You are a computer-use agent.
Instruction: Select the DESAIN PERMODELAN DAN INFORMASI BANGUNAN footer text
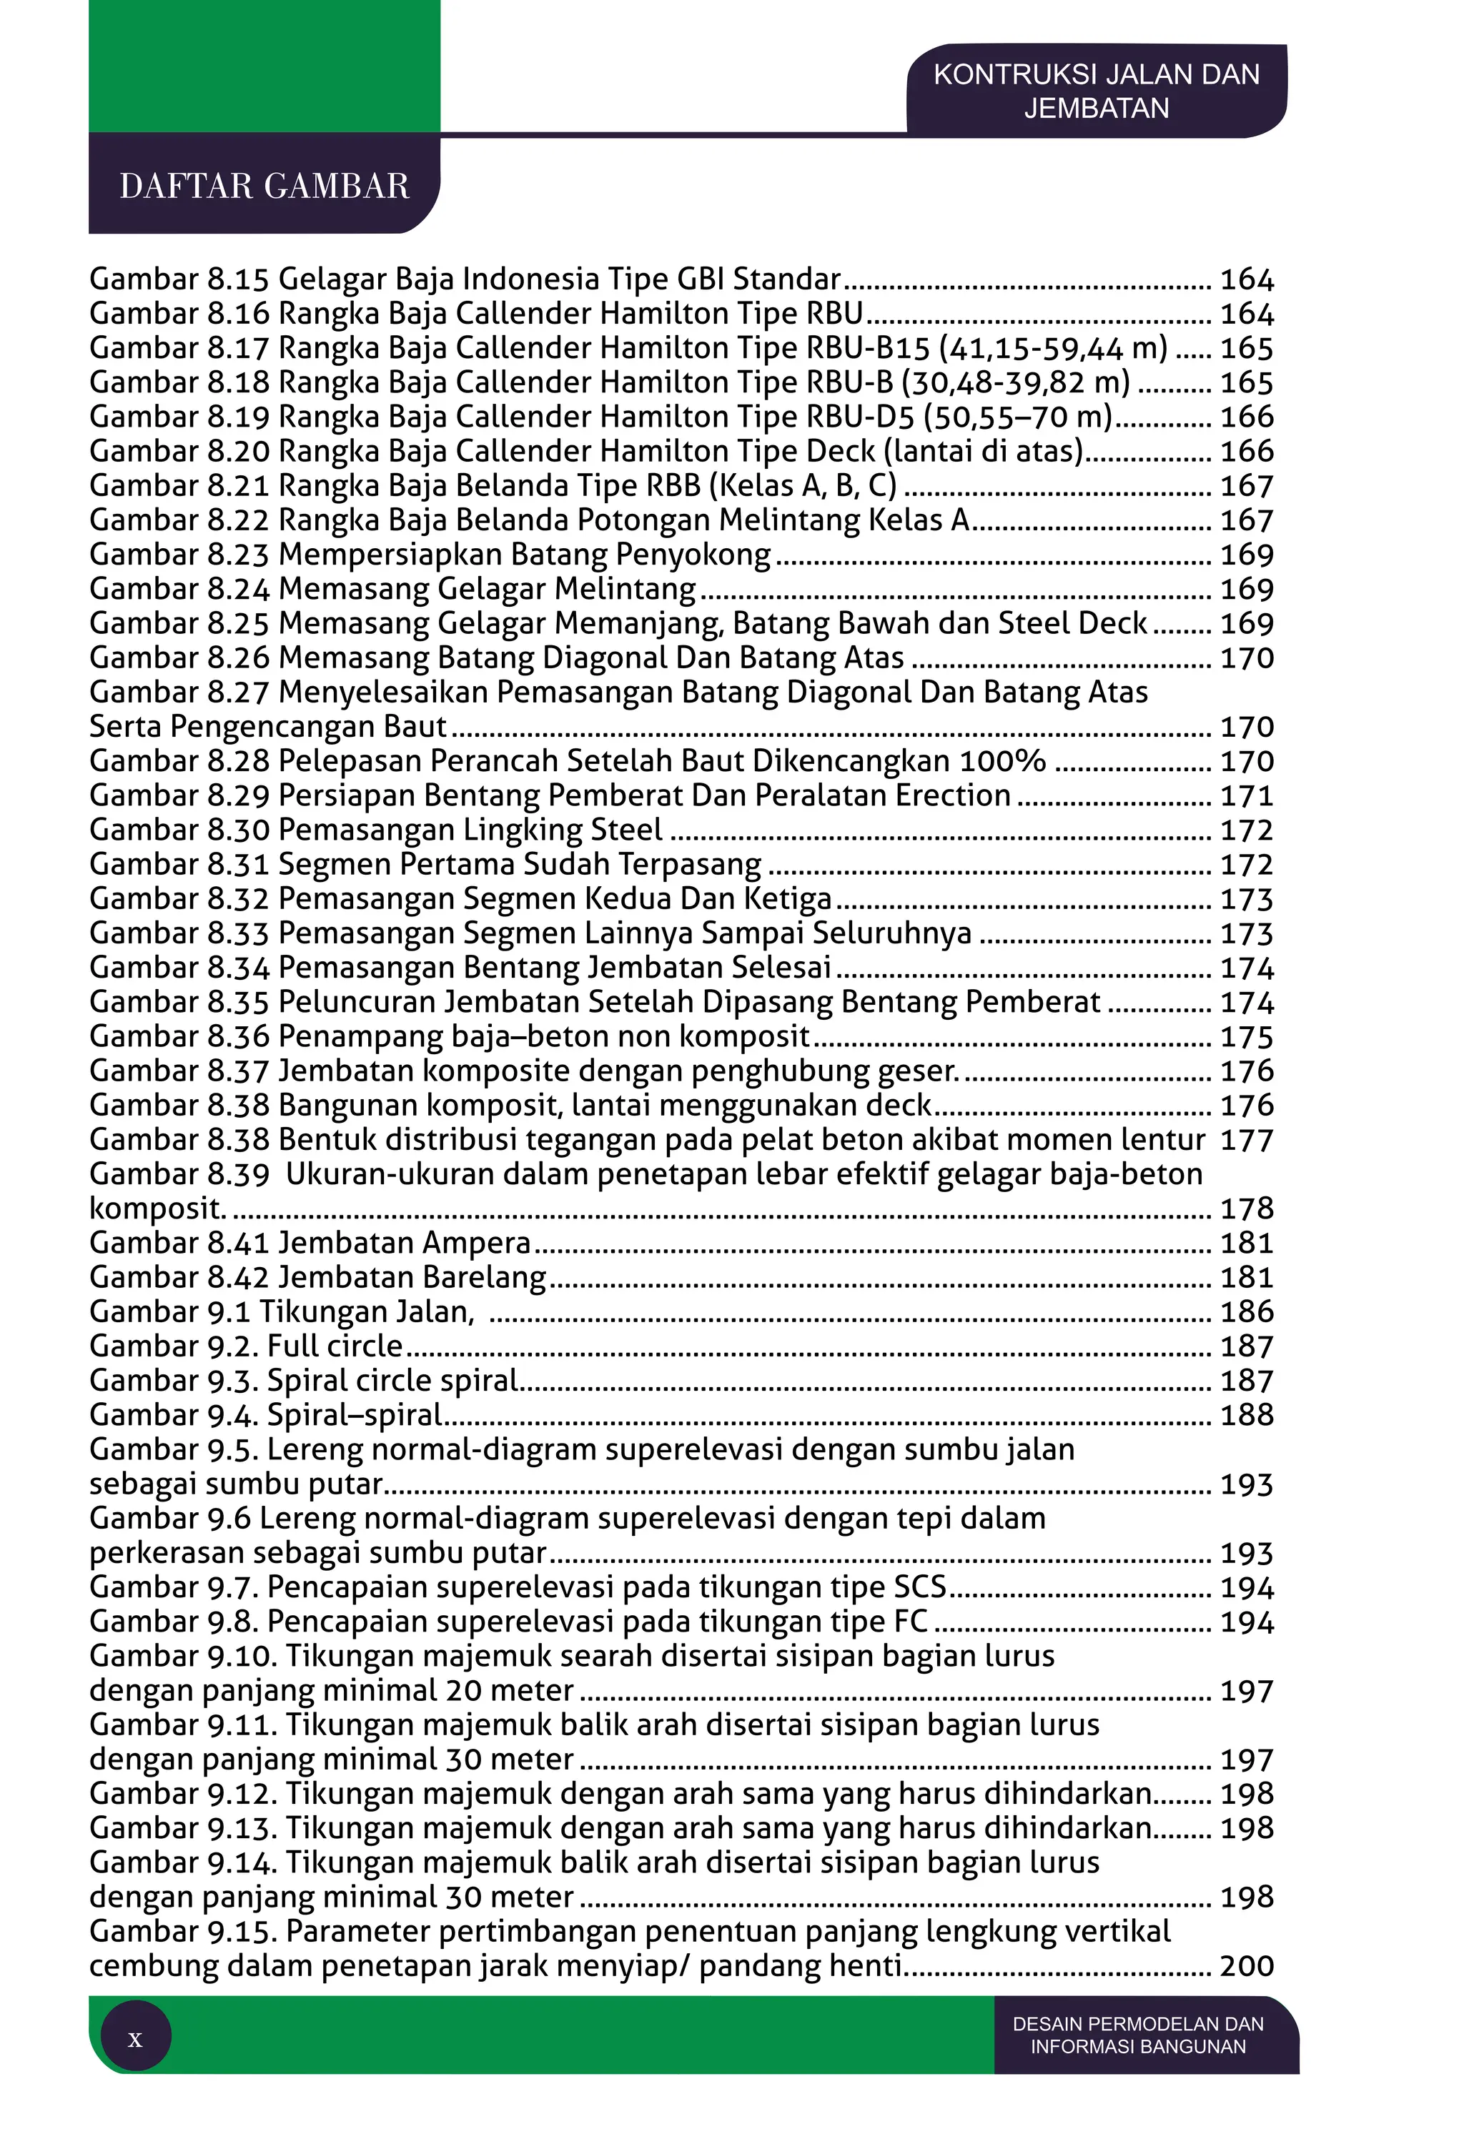tap(1137, 2035)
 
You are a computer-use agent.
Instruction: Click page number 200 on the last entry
tap(1247, 1966)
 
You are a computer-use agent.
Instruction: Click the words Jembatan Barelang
tap(412, 1277)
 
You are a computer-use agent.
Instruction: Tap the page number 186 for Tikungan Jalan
tap(1247, 1312)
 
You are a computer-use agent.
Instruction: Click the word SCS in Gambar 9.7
tap(919, 1587)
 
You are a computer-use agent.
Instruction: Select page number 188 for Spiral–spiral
tap(1247, 1415)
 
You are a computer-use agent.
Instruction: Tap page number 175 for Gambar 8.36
tap(1247, 1037)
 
